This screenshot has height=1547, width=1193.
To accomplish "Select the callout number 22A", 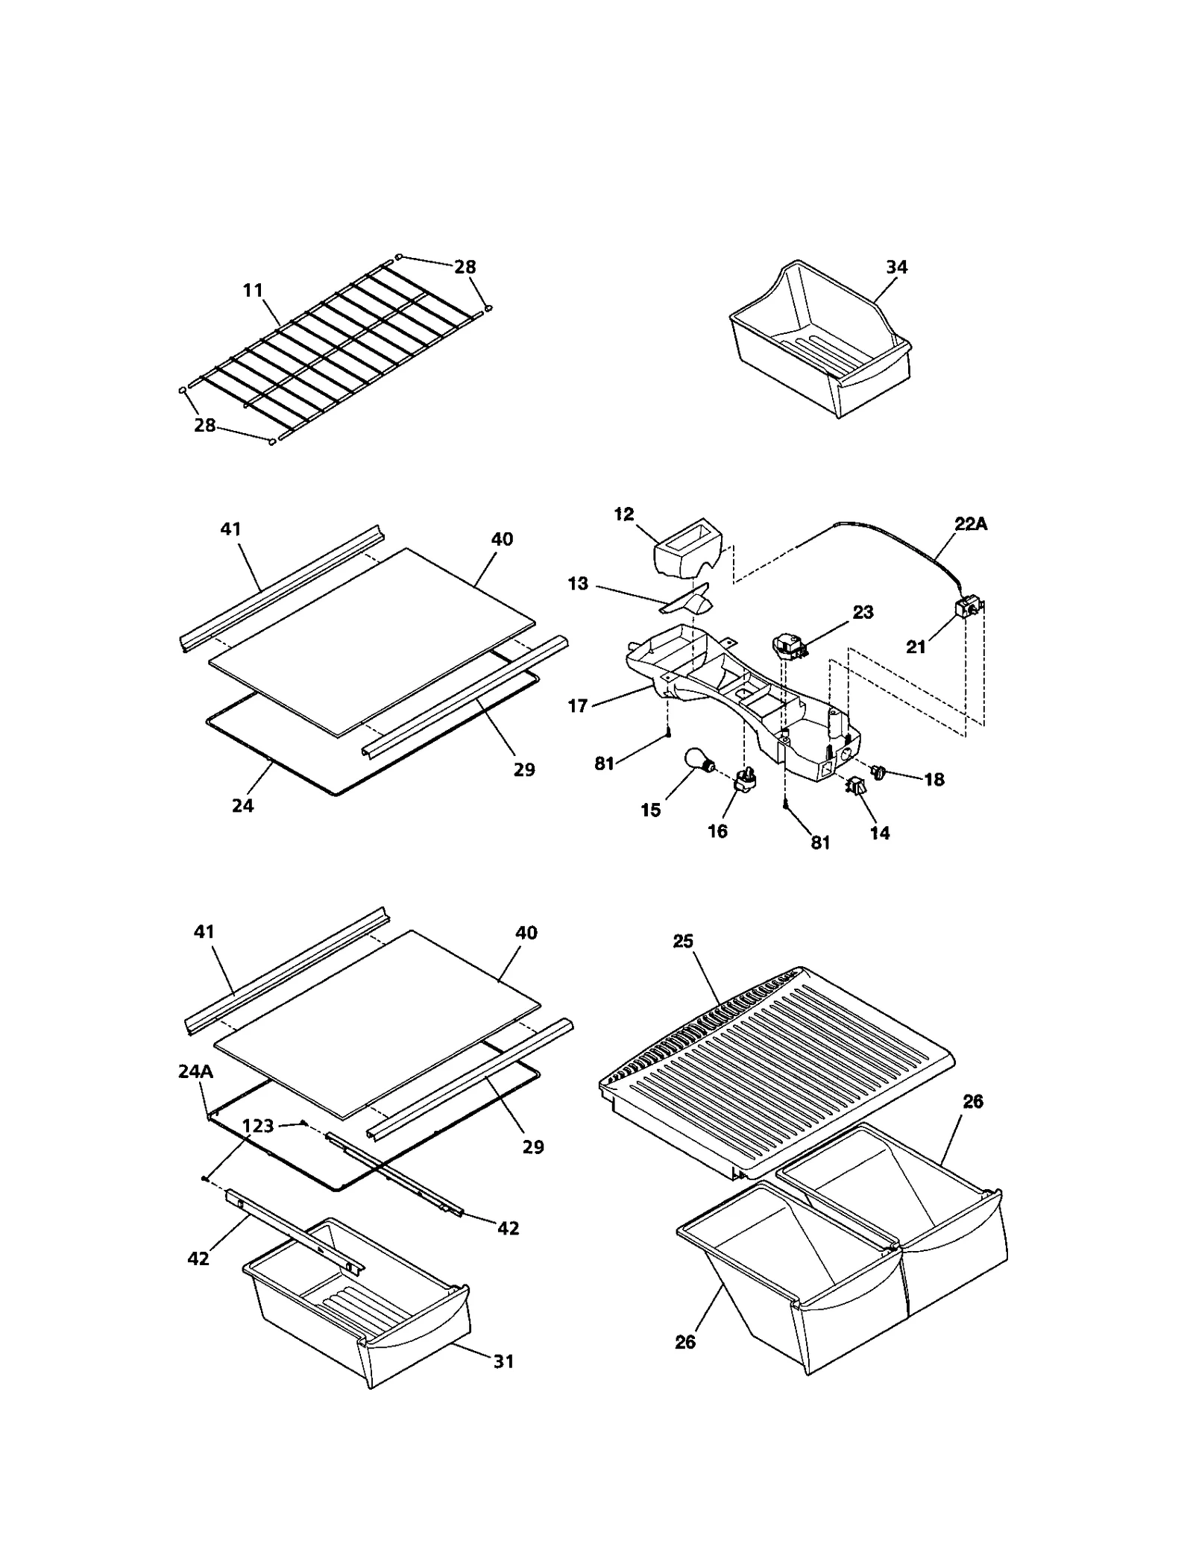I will click(970, 524).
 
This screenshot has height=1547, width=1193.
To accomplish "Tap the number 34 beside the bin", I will click(896, 266).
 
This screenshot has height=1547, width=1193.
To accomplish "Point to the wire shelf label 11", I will click(254, 290).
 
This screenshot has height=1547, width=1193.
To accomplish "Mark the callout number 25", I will click(683, 941).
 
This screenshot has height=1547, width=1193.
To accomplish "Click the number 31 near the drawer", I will click(504, 1361).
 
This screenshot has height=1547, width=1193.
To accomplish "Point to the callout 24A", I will click(195, 1072).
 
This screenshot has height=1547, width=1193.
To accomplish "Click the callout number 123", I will click(258, 1125).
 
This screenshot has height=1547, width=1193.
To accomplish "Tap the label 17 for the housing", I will click(578, 705).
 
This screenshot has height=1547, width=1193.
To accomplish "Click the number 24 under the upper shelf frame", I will click(243, 805).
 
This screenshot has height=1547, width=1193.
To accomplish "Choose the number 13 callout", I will click(578, 583).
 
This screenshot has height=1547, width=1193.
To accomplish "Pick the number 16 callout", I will click(717, 831).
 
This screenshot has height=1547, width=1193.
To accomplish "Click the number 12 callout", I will click(623, 514).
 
